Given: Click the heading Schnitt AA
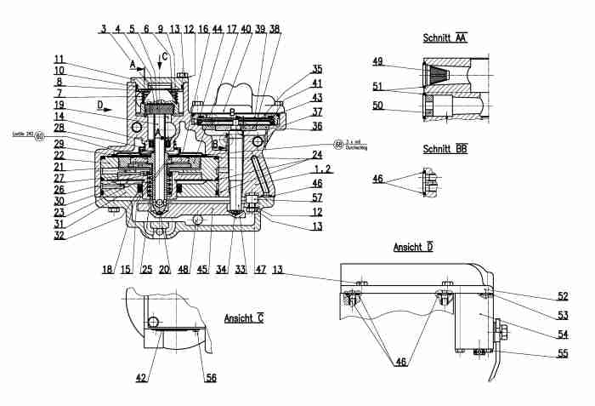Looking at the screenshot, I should (445, 38).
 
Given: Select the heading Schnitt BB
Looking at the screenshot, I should (445, 149).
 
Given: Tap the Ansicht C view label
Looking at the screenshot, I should (244, 317).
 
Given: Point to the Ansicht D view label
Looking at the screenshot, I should (414, 248).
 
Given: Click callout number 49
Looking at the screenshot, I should (378, 61).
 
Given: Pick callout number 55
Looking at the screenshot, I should (562, 353).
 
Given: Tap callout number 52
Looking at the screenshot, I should (562, 297).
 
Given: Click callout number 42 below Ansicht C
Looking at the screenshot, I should (142, 378).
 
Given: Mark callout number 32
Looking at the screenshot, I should (59, 236).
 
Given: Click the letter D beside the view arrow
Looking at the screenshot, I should (99, 106).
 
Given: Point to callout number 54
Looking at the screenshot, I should (562, 335).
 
